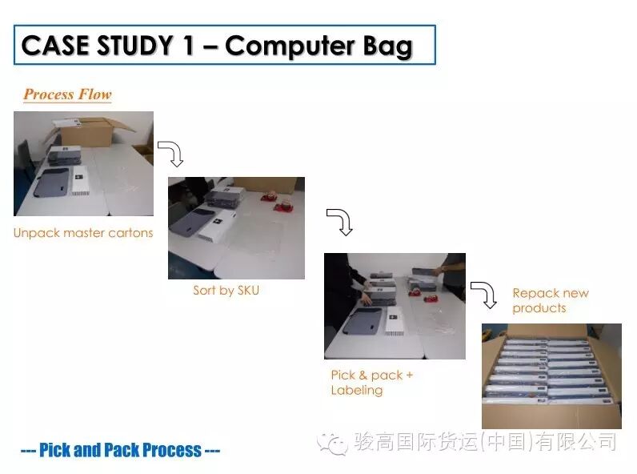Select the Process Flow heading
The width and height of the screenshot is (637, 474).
click(x=67, y=94)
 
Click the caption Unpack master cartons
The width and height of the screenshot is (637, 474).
click(x=83, y=233)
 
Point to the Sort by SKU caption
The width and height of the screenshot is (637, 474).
click(x=226, y=291)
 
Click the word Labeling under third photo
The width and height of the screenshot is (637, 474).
click(x=357, y=390)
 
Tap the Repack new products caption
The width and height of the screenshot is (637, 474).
click(x=551, y=300)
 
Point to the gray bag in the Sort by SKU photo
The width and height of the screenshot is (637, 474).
click(x=193, y=223)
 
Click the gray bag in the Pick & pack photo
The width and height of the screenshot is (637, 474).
click(x=363, y=323)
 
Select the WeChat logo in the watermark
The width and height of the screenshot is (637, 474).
click(x=332, y=443)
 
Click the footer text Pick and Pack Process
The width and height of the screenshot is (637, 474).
click(x=120, y=450)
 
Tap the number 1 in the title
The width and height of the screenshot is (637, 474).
click(x=188, y=45)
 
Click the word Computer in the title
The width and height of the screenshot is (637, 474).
click(x=290, y=46)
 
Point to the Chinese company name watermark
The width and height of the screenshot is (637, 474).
click(x=485, y=442)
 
